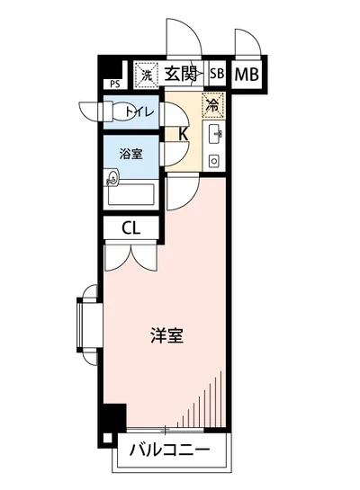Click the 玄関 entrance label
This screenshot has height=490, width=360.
183,74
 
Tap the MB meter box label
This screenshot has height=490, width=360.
247,75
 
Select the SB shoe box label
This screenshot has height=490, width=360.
217,75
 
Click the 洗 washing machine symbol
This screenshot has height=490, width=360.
145,75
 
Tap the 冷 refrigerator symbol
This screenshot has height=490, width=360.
213,104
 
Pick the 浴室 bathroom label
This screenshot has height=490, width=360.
131,154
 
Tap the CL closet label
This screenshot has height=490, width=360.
131,229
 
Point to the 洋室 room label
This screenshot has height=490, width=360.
166,337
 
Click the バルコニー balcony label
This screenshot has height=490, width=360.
168,450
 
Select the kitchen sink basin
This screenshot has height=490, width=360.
216,136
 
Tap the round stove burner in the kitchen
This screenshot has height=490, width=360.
214,161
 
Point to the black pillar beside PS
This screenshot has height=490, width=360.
109,67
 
